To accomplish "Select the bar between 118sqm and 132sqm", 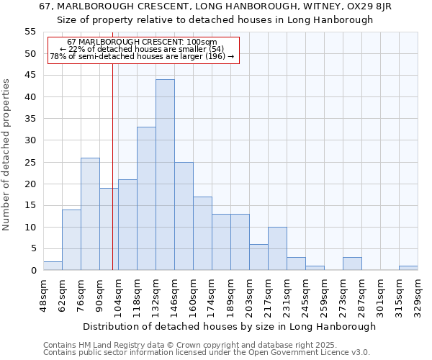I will coord(146,199).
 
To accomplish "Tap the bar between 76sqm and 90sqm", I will coord(90,214).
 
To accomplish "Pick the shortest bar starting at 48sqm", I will coord(53,266).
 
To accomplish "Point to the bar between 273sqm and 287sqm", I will coord(352,264).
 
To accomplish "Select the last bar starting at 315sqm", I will coord(408,268).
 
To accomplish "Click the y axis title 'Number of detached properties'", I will coord(7,155).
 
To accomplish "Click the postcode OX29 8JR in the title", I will coord(367,6).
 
